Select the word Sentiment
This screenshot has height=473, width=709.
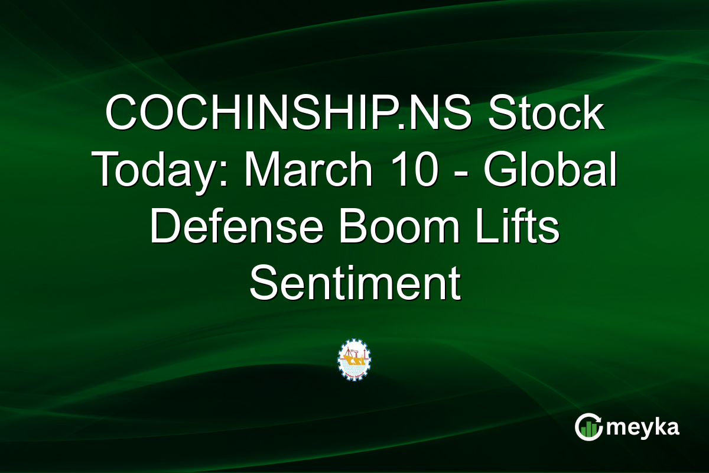tap(354, 284)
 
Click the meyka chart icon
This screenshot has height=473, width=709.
tap(588, 427)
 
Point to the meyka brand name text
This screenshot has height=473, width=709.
tap(643, 427)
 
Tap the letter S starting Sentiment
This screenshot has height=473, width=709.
tap(264, 284)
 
